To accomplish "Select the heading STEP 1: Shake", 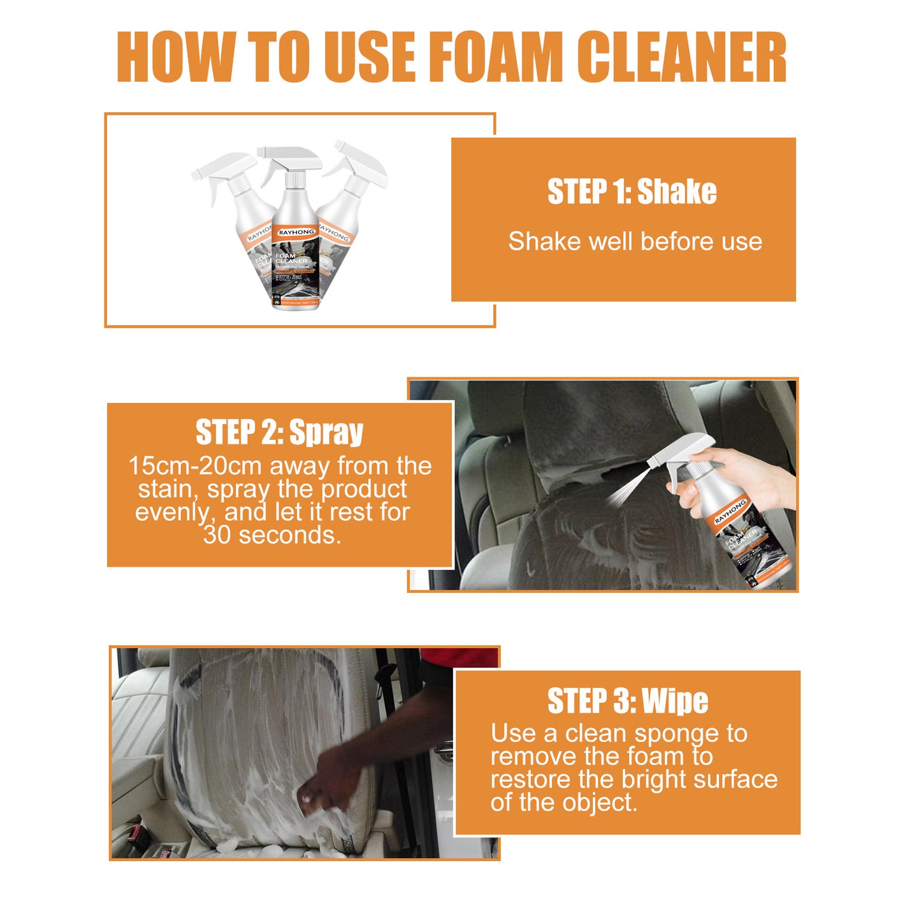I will click(632, 192).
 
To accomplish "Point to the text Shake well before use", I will click(635, 242).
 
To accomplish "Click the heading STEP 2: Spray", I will click(279, 433).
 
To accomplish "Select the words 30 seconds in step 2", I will click(272, 535).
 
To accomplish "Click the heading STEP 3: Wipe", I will click(627, 701).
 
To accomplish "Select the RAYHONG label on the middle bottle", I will click(296, 233).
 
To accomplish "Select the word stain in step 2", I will click(167, 490).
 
